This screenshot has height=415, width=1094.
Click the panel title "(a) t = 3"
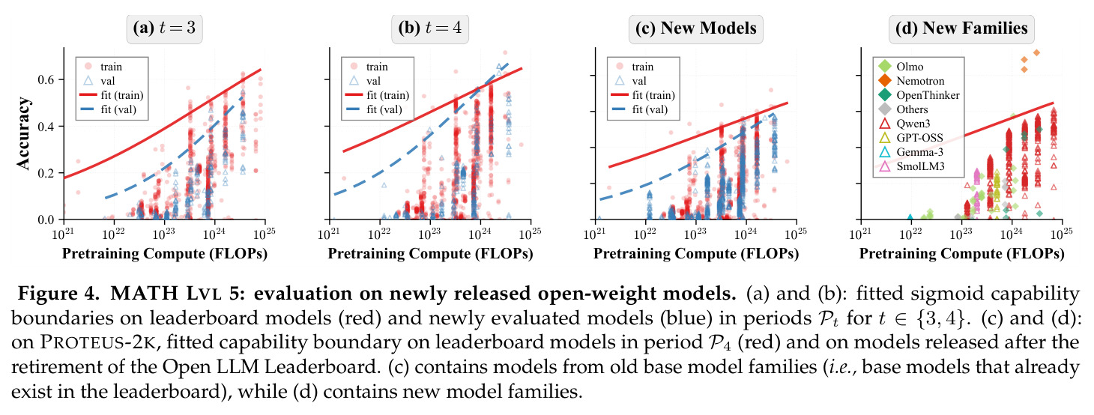164,28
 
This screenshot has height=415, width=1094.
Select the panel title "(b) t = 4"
430,28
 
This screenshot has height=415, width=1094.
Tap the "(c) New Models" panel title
695,28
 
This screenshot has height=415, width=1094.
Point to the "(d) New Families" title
961,28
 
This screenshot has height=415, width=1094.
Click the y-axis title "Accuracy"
23,133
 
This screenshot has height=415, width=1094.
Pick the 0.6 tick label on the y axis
46,79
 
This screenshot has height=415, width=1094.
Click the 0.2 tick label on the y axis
46,173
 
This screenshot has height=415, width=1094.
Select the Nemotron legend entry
920,81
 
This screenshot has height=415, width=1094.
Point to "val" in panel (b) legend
374,81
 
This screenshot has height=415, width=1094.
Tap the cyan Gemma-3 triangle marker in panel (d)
910,217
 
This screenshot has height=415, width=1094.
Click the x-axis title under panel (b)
430,253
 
